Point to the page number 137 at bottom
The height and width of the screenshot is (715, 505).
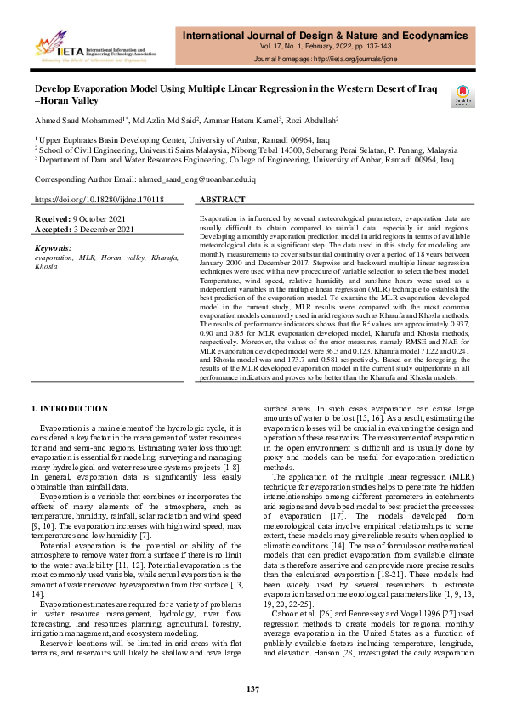252,689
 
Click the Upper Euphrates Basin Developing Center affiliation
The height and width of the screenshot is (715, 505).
183,138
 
